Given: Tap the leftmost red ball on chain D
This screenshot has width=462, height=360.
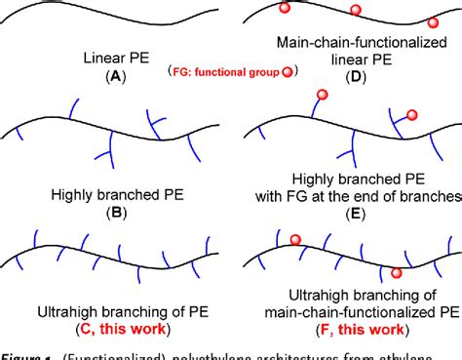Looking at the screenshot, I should [x=285, y=9].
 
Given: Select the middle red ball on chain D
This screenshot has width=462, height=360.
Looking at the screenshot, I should [x=358, y=13].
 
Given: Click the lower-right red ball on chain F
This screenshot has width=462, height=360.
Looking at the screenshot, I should [x=396, y=274].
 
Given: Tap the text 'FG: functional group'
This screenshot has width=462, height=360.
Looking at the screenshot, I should [x=223, y=72].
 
